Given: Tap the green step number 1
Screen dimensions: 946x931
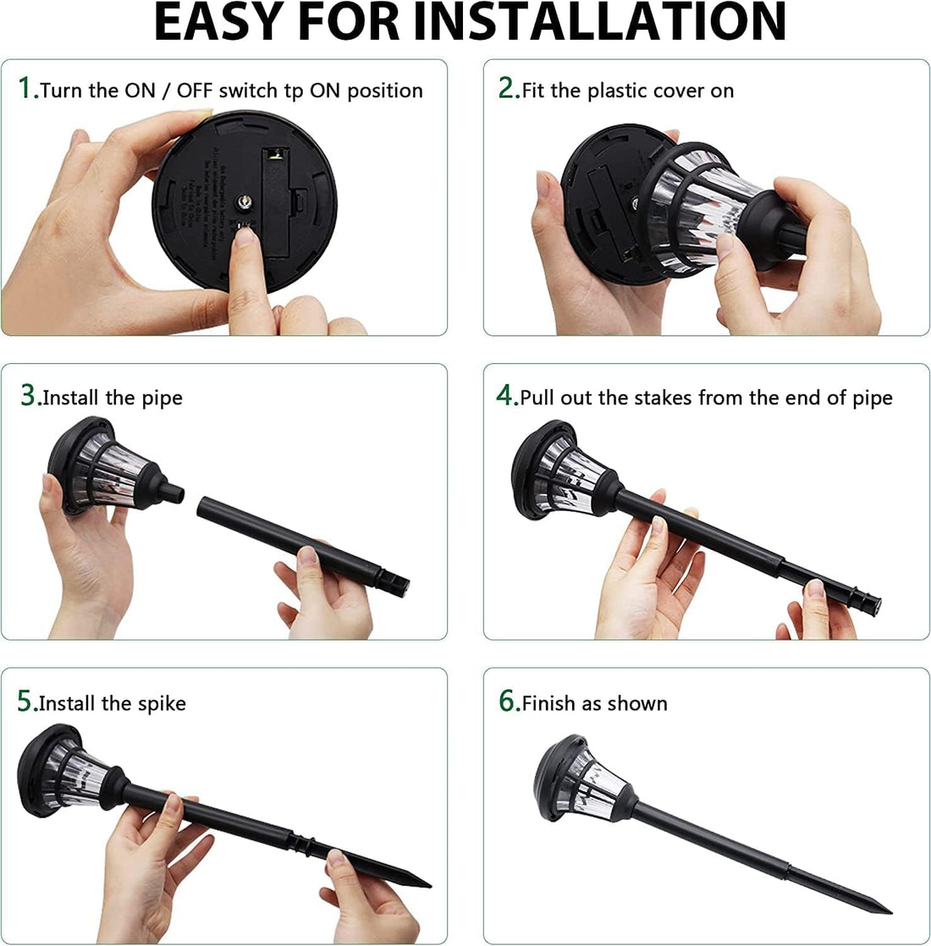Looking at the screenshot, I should [x=25, y=88].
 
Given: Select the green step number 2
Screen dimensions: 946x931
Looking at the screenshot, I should [x=505, y=88].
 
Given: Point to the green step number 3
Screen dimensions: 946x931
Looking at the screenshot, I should [x=28, y=395].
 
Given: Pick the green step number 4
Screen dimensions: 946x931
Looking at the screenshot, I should [x=504, y=395].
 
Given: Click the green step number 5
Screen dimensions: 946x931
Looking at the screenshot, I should [x=25, y=701].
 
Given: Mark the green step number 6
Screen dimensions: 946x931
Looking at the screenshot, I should [x=506, y=701].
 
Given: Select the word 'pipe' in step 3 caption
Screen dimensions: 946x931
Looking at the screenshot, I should [x=163, y=399].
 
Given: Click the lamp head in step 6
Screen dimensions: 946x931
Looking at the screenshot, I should [x=580, y=778].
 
